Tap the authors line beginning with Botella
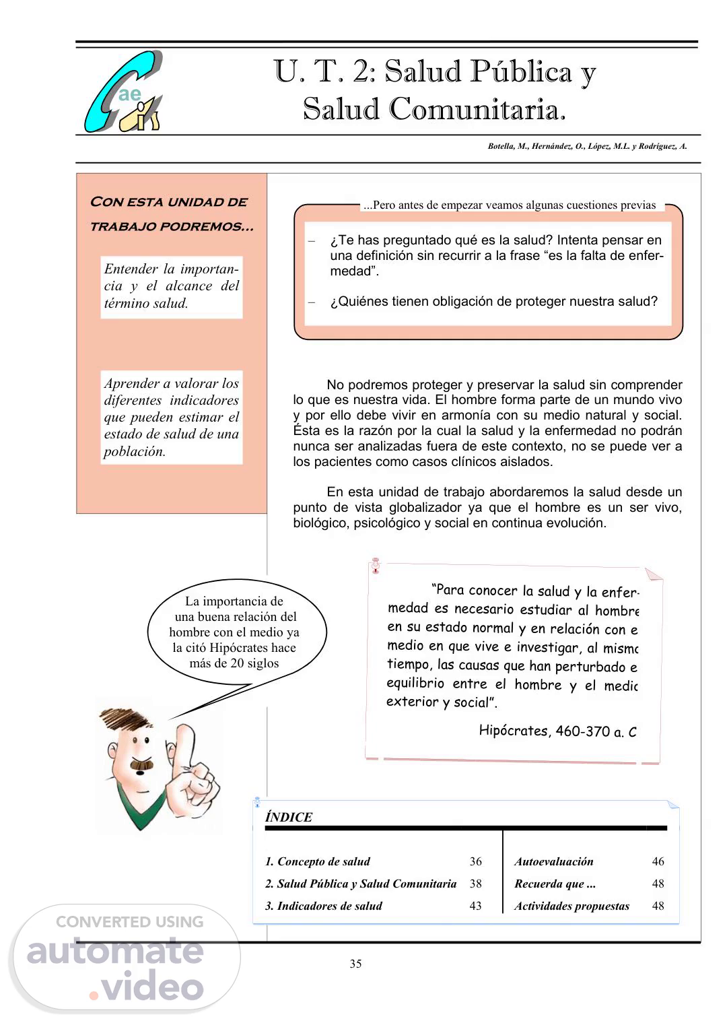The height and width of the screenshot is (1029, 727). coord(587,146)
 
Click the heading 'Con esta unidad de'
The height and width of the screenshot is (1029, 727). coord(168,202)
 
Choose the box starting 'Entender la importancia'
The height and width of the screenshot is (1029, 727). coord(172,286)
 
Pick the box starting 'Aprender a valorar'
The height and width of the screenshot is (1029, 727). coord(172,417)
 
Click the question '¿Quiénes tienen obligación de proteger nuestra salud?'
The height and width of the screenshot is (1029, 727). coord(493,302)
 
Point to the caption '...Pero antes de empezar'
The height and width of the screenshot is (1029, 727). coord(509,205)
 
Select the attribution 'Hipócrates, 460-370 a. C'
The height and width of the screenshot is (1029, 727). coord(557,731)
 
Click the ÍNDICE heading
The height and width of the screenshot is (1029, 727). coord(289,818)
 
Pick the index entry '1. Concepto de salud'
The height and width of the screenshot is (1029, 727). coord(318,861)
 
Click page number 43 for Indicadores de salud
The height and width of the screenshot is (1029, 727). coord(475,906)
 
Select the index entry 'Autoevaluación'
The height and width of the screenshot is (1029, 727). coord(554,861)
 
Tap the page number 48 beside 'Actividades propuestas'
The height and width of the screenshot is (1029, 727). coord(658,906)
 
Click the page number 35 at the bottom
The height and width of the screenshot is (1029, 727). coord(355,964)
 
